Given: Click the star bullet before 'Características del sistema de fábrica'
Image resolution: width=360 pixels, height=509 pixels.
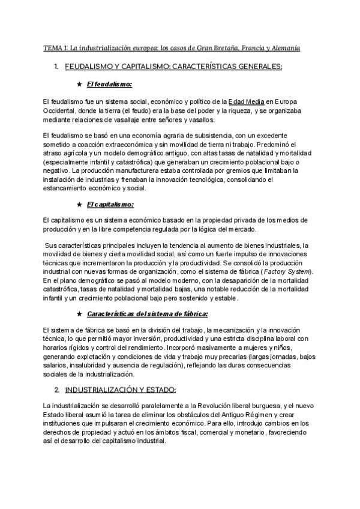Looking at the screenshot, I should [x=80, y=313].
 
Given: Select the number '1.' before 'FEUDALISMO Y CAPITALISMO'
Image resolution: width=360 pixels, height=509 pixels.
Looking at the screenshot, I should [x=56, y=66].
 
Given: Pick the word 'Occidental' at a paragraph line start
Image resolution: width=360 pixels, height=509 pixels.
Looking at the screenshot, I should [x=59, y=111].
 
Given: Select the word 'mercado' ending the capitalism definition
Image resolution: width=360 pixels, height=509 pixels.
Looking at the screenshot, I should [x=224, y=230].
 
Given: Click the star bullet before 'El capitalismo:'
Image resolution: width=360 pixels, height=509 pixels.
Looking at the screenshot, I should [x=80, y=204].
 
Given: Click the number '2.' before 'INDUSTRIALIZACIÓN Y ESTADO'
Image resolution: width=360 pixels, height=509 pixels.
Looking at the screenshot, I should [x=56, y=390].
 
